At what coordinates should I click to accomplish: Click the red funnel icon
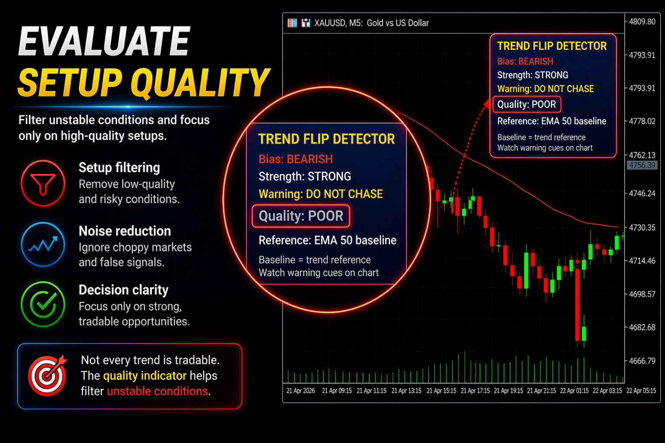[43, 183]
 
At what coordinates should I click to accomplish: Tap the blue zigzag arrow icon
[43, 244]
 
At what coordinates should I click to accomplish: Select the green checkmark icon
[43, 304]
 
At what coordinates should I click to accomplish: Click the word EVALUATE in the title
[104, 41]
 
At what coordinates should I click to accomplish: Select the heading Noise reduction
[125, 231]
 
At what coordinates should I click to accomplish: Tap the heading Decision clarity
[123, 290]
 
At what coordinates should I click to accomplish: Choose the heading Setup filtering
[119, 168]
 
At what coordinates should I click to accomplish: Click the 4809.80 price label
[642, 22]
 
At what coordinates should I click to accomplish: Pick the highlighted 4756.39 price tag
[642, 165]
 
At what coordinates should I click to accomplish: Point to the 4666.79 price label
[642, 361]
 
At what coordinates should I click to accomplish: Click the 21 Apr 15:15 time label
[441, 391]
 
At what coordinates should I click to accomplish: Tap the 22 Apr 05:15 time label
[641, 391]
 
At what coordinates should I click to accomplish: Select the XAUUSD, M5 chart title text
[339, 23]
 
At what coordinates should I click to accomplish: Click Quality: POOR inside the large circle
[301, 216]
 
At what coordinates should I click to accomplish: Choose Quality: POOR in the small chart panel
[526, 104]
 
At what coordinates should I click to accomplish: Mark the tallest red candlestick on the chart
[577, 305]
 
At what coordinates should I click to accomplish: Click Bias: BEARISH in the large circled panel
[295, 159]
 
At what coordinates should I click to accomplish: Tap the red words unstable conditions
[157, 392]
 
